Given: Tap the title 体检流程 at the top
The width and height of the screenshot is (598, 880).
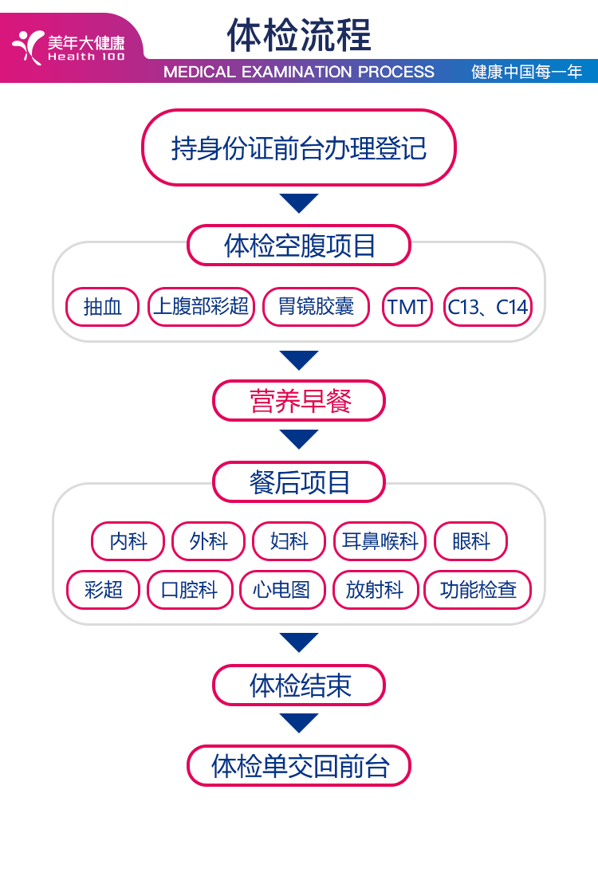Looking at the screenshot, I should pos(299,35).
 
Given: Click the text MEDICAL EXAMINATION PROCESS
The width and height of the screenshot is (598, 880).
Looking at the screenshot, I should pos(299,72).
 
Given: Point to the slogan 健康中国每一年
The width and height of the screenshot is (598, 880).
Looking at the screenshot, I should pos(527,72).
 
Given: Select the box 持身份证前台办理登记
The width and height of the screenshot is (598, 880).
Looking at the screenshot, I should pos(299,148).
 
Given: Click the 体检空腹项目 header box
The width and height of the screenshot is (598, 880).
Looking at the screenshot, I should pos(299,246).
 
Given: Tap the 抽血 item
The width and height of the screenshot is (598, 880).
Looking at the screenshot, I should pos(103,307).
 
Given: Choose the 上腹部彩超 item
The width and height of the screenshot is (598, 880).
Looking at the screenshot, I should pos(201,307).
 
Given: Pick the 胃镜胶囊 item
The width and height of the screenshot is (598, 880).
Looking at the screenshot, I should pos(316,307).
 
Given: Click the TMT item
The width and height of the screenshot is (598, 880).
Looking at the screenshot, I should pos(407,307).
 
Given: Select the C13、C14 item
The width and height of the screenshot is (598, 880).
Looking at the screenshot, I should pos(487,307).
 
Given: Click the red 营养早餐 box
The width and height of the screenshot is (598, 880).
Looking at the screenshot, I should pos(299,401).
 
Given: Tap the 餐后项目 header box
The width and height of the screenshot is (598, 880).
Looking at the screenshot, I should pos(299,482).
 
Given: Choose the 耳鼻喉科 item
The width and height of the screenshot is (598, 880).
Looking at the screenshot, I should pos(380,542).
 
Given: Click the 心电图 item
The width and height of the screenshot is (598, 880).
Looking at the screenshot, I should pos(282,590).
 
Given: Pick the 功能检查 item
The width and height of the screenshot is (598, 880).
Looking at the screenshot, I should pos(477,590).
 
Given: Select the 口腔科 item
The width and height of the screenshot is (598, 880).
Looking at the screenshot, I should pos(189,590).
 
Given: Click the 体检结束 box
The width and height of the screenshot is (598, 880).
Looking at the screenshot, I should pos(299,686).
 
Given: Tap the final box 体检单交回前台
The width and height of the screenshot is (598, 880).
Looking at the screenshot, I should pos(299,766).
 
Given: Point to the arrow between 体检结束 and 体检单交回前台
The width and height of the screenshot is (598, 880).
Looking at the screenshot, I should pos(299,723).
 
